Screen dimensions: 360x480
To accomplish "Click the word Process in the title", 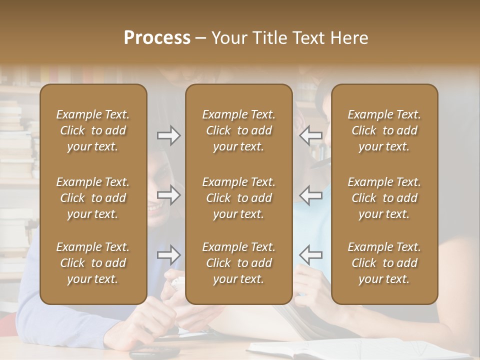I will (x=157, y=38).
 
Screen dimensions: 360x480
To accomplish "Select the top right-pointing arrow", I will (x=168, y=135).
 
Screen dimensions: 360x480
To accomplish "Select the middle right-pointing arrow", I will (x=168, y=195).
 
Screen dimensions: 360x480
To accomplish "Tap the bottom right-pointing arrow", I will (x=168, y=255).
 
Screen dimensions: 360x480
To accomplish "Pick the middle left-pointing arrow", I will (x=310, y=195).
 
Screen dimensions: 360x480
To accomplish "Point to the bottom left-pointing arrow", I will (x=310, y=255).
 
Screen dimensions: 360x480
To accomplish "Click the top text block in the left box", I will (x=93, y=130).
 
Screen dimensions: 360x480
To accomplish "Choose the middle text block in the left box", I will (x=93, y=198).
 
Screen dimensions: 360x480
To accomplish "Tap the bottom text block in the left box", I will (x=93, y=263).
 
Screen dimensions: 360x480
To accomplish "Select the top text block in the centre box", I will (x=238, y=130).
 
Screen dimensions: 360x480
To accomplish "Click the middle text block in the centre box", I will (x=238, y=198).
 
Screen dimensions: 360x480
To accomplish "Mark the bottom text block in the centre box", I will (x=238, y=263).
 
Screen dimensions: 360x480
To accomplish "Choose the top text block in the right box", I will (x=384, y=130).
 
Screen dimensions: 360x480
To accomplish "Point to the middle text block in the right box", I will (x=384, y=198).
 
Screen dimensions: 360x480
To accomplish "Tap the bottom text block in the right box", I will (x=384, y=263).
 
